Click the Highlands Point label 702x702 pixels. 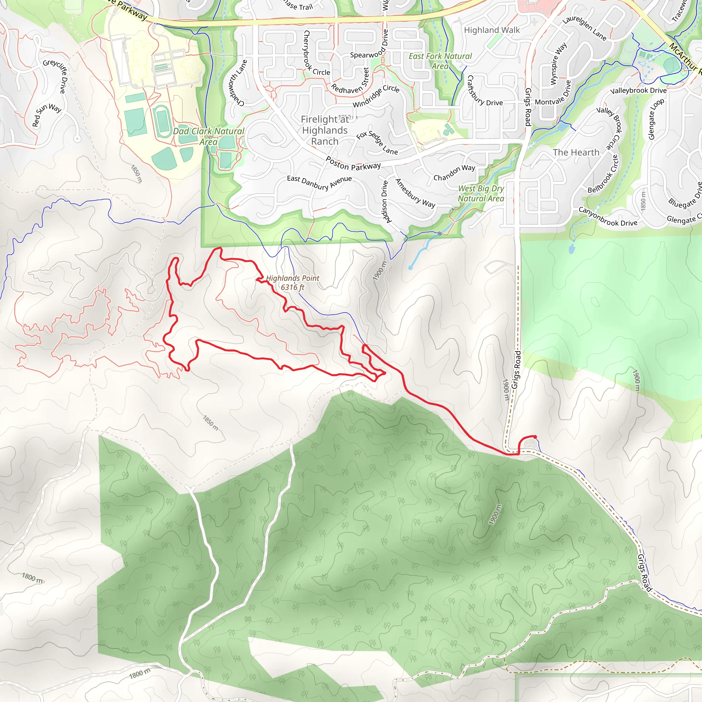tap(292, 282)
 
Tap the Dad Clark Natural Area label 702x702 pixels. tap(208, 136)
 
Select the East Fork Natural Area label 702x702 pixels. tap(440, 61)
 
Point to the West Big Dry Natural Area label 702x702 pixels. tap(481, 193)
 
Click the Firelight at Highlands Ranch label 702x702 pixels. tap(325, 130)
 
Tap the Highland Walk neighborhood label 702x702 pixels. tap(492, 30)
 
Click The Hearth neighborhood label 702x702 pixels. tap(576, 152)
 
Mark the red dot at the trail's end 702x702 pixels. tap(535, 437)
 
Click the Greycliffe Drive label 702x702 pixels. tap(56, 75)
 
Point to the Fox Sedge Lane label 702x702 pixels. tap(377, 143)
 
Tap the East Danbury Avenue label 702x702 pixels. tap(319, 182)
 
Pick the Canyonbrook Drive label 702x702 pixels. tap(607, 217)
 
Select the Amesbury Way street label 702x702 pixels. tap(415, 193)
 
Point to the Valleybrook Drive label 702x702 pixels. tap(638, 90)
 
